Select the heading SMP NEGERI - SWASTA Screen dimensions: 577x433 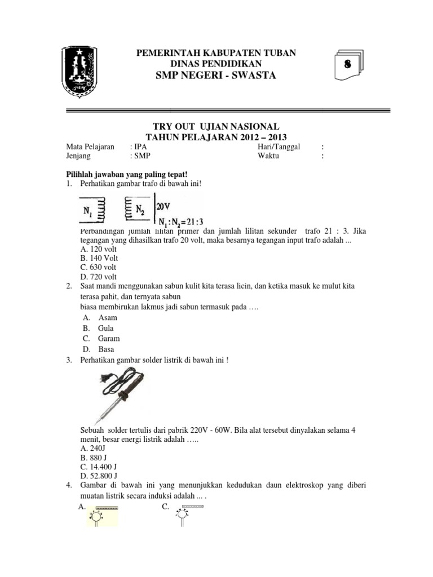[x=217, y=76]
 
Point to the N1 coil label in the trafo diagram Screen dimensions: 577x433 [x=88, y=211]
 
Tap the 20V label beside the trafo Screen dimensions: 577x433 [x=164, y=206]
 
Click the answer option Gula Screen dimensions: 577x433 [x=105, y=328]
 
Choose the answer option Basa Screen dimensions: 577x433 [x=106, y=349]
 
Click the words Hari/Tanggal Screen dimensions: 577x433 [x=279, y=147]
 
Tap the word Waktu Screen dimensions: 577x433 [x=268, y=156]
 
